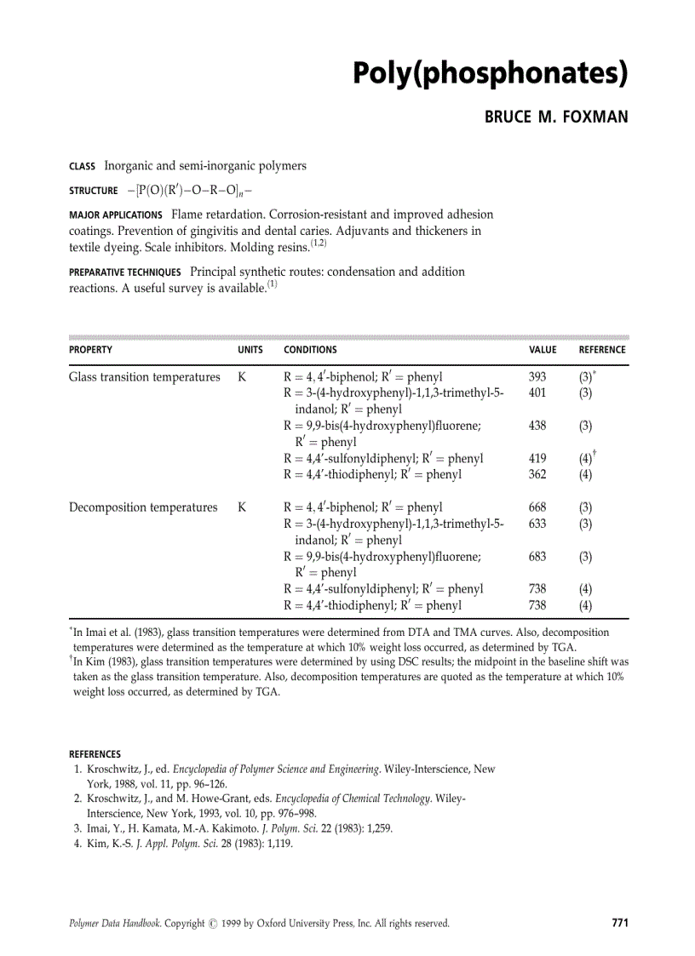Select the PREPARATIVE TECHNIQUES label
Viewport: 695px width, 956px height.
pyautogui.click(x=124, y=273)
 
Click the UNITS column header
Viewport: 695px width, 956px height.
pyautogui.click(x=250, y=350)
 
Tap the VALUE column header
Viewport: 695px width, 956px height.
pyautogui.click(x=543, y=350)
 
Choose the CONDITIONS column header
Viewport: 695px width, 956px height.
pyautogui.click(x=310, y=350)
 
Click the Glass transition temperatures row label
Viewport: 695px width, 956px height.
pyautogui.click(x=144, y=377)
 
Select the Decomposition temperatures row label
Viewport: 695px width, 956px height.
pyautogui.click(x=142, y=507)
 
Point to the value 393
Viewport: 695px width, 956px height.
pyautogui.click(x=537, y=377)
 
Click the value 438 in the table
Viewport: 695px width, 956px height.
pyautogui.click(x=537, y=426)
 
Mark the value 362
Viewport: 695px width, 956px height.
pyautogui.click(x=537, y=475)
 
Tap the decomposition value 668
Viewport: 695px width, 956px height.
pyautogui.click(x=537, y=507)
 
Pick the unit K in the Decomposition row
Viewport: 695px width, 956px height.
pyautogui.click(x=242, y=507)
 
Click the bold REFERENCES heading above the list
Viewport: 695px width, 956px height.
pyautogui.click(x=95, y=754)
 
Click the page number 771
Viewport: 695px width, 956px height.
pyautogui.click(x=619, y=922)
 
